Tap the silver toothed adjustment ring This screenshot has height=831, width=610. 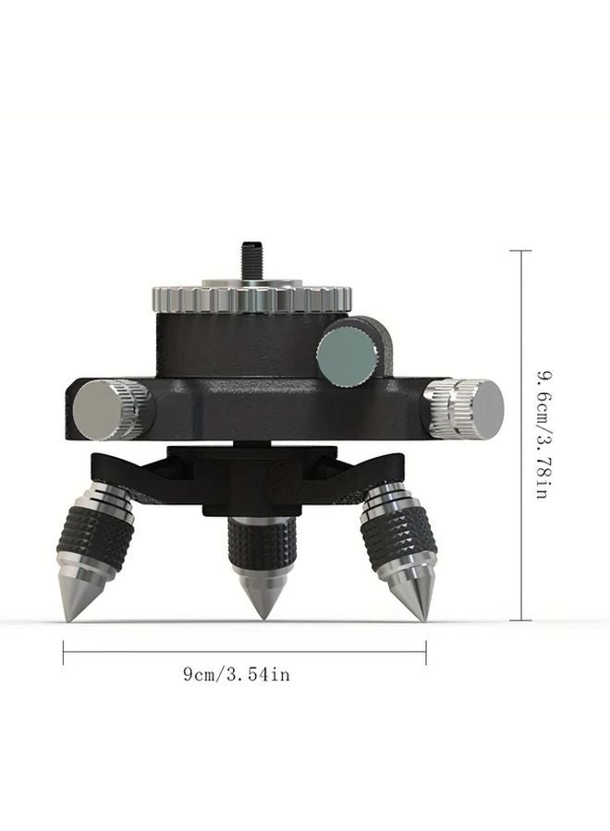(250, 298)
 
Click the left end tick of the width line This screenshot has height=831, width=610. (64, 653)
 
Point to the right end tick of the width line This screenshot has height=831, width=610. (426, 653)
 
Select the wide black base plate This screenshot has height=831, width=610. (277, 406)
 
